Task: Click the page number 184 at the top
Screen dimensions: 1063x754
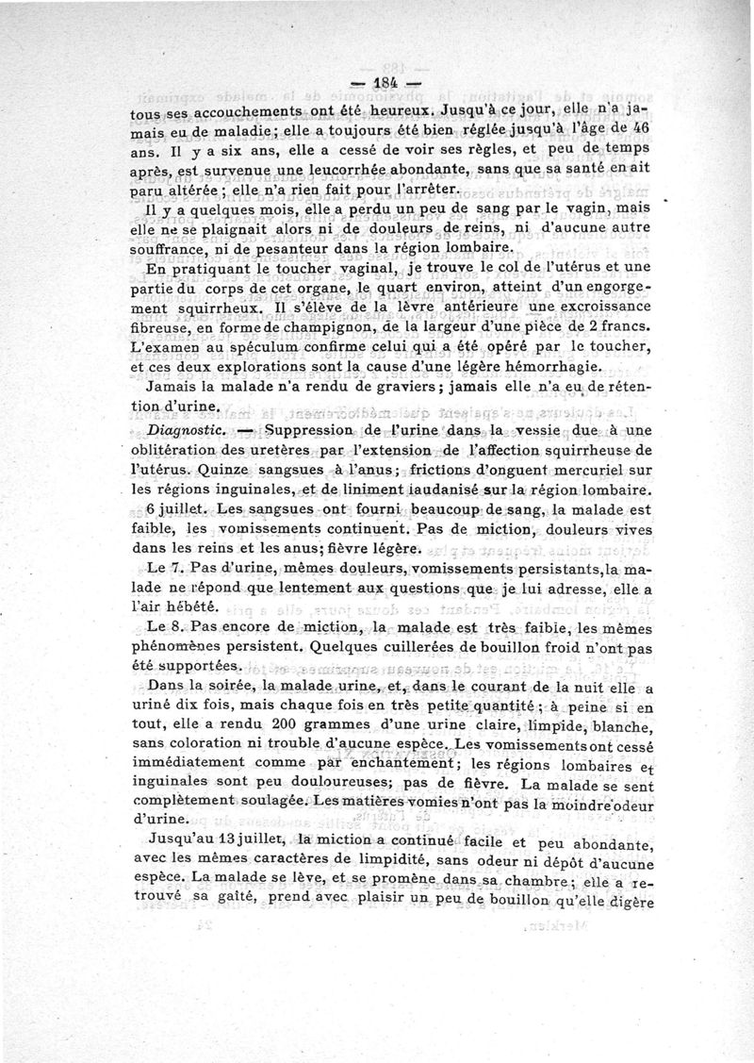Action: [x=377, y=82]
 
